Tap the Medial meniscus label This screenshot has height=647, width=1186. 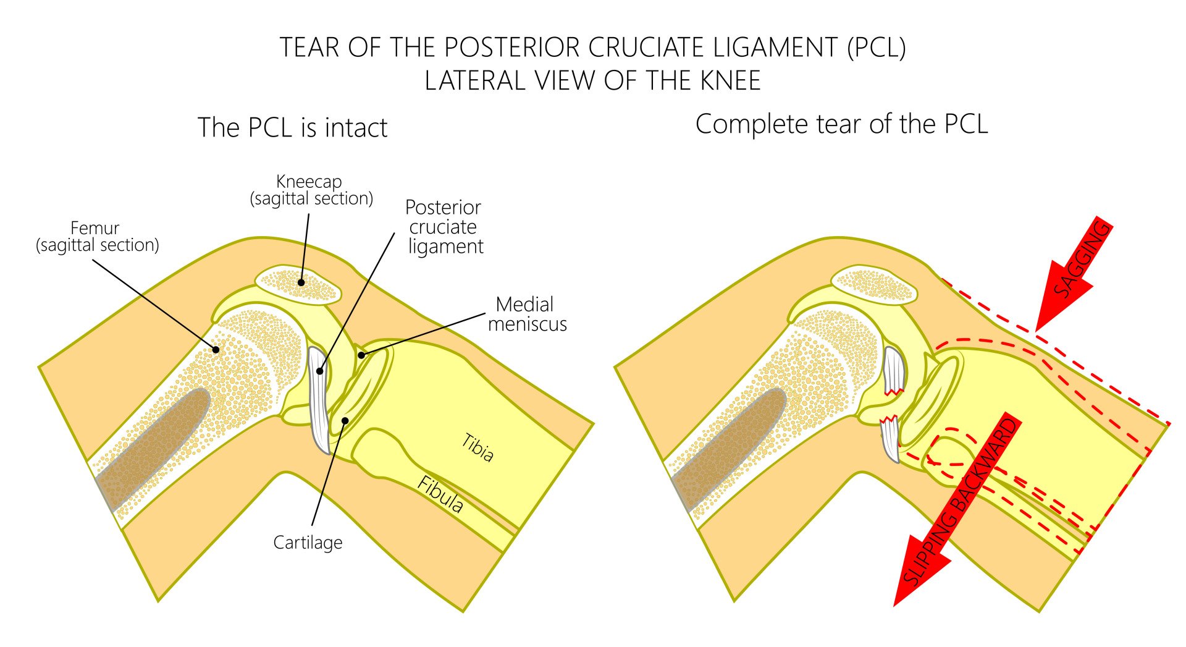tap(526, 314)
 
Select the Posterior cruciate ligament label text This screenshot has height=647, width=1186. tap(444, 227)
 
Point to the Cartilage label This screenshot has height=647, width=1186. tap(308, 543)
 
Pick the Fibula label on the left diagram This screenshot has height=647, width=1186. tap(440, 494)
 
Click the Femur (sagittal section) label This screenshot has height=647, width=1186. tap(97, 237)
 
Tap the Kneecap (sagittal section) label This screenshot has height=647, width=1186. tap(311, 190)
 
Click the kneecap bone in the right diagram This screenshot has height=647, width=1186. tap(873, 285)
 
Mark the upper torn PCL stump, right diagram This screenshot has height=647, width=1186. tap(894, 371)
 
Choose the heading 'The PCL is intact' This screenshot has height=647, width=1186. tap(292, 128)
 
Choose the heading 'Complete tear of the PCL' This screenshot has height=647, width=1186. tap(841, 124)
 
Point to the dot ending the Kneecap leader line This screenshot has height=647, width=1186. tap(301, 282)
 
